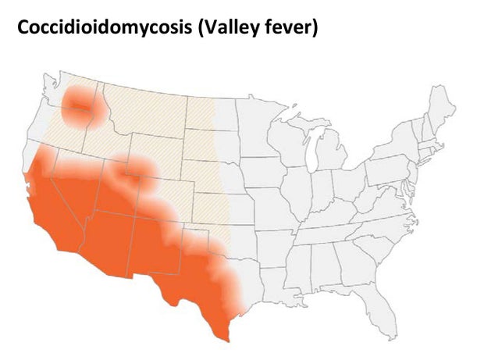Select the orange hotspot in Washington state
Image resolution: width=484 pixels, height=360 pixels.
pos(79,106)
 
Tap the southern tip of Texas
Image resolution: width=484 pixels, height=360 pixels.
pos(225,334)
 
